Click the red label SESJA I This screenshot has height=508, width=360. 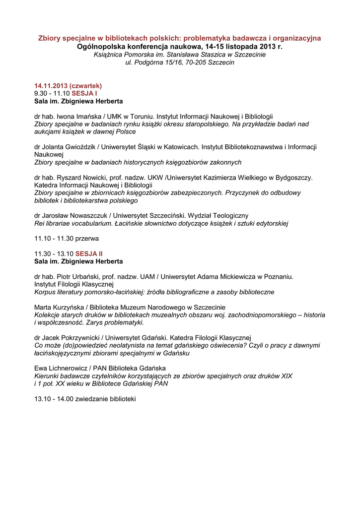click(x=84, y=93)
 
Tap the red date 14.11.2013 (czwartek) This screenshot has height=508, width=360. click(x=68, y=85)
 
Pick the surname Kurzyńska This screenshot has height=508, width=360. click(x=71, y=307)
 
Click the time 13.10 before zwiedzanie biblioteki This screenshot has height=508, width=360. click(x=43, y=398)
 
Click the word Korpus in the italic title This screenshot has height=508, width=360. click(x=45, y=292)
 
